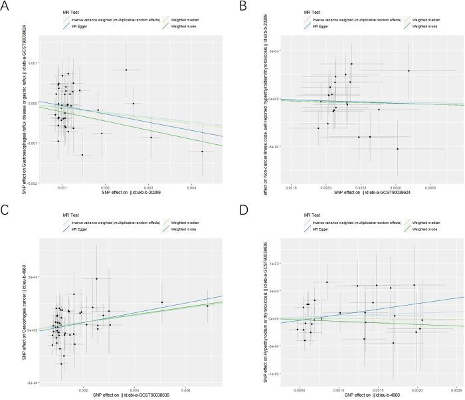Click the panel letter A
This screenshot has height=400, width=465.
coord(5,5)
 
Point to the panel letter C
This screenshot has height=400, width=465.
coord(5,209)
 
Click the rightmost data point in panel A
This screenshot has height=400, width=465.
coord(203,151)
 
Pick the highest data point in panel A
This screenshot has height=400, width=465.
coord(126,70)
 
